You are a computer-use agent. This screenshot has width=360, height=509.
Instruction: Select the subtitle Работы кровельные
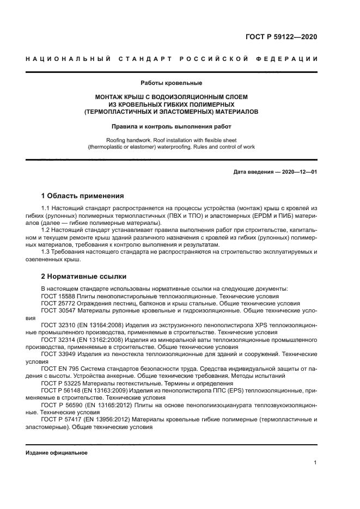point(171,83)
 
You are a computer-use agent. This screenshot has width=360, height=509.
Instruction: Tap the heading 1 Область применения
point(83,195)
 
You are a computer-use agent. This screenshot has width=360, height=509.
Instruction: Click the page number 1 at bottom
point(315,463)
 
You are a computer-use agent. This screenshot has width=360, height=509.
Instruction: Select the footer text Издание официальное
point(57,453)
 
